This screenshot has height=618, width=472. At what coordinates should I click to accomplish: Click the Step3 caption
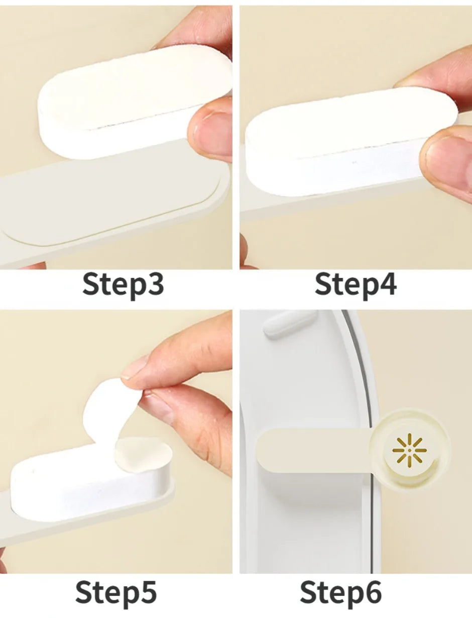[123, 285]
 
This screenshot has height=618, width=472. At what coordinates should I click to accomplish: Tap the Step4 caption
[356, 285]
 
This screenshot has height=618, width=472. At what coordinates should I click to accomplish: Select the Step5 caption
[116, 593]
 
